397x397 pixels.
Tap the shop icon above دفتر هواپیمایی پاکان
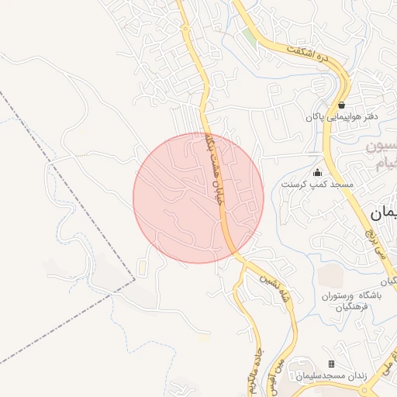tap(341, 105)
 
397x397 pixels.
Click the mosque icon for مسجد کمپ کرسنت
tap(316, 173)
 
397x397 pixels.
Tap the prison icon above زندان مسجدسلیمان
tap(331, 364)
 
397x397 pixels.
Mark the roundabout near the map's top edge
tap(185, 28)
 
